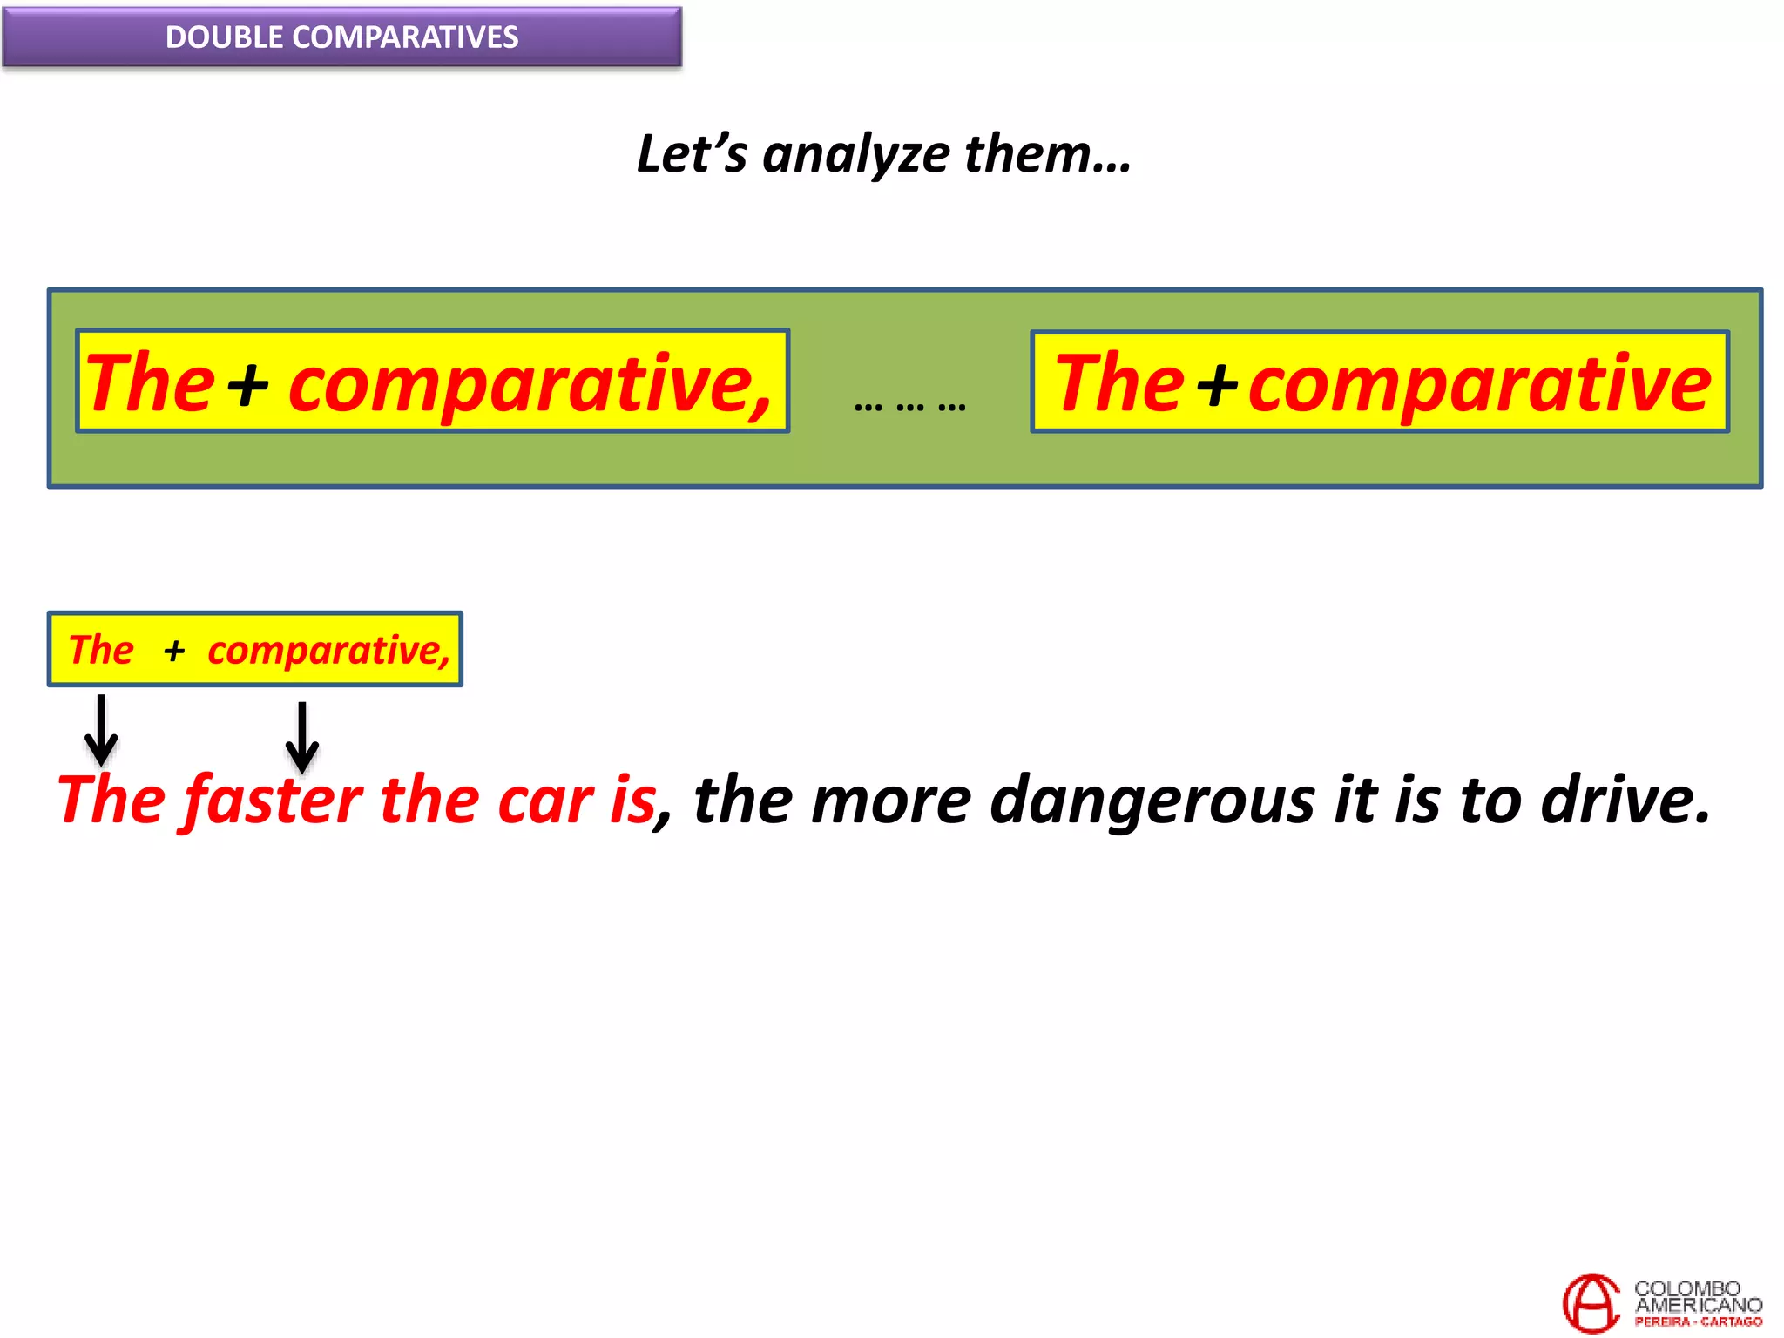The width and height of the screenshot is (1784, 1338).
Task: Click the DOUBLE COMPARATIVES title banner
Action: (x=341, y=37)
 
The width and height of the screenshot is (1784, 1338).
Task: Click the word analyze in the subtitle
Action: (x=855, y=155)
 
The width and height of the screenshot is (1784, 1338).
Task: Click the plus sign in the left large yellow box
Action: (x=248, y=384)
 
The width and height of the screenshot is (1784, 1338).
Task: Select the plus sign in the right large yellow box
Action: (x=1217, y=384)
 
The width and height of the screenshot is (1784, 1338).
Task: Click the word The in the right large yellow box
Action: (x=1118, y=383)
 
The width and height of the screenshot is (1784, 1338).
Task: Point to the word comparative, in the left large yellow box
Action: (x=530, y=385)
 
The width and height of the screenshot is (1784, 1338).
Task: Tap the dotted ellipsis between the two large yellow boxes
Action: (x=909, y=406)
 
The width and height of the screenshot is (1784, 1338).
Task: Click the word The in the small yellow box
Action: (x=101, y=650)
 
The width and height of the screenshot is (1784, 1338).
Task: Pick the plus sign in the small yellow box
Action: (x=174, y=651)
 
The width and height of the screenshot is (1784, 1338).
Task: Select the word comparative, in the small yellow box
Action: (x=328, y=651)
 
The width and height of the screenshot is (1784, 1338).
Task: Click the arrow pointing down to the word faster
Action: (x=302, y=737)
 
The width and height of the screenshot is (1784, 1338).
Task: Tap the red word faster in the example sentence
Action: (x=273, y=800)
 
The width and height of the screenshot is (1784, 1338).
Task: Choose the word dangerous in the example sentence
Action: (x=1152, y=800)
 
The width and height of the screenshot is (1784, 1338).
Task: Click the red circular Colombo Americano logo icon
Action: (x=1591, y=1302)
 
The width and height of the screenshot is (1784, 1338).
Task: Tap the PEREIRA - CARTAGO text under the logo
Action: (x=1698, y=1321)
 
